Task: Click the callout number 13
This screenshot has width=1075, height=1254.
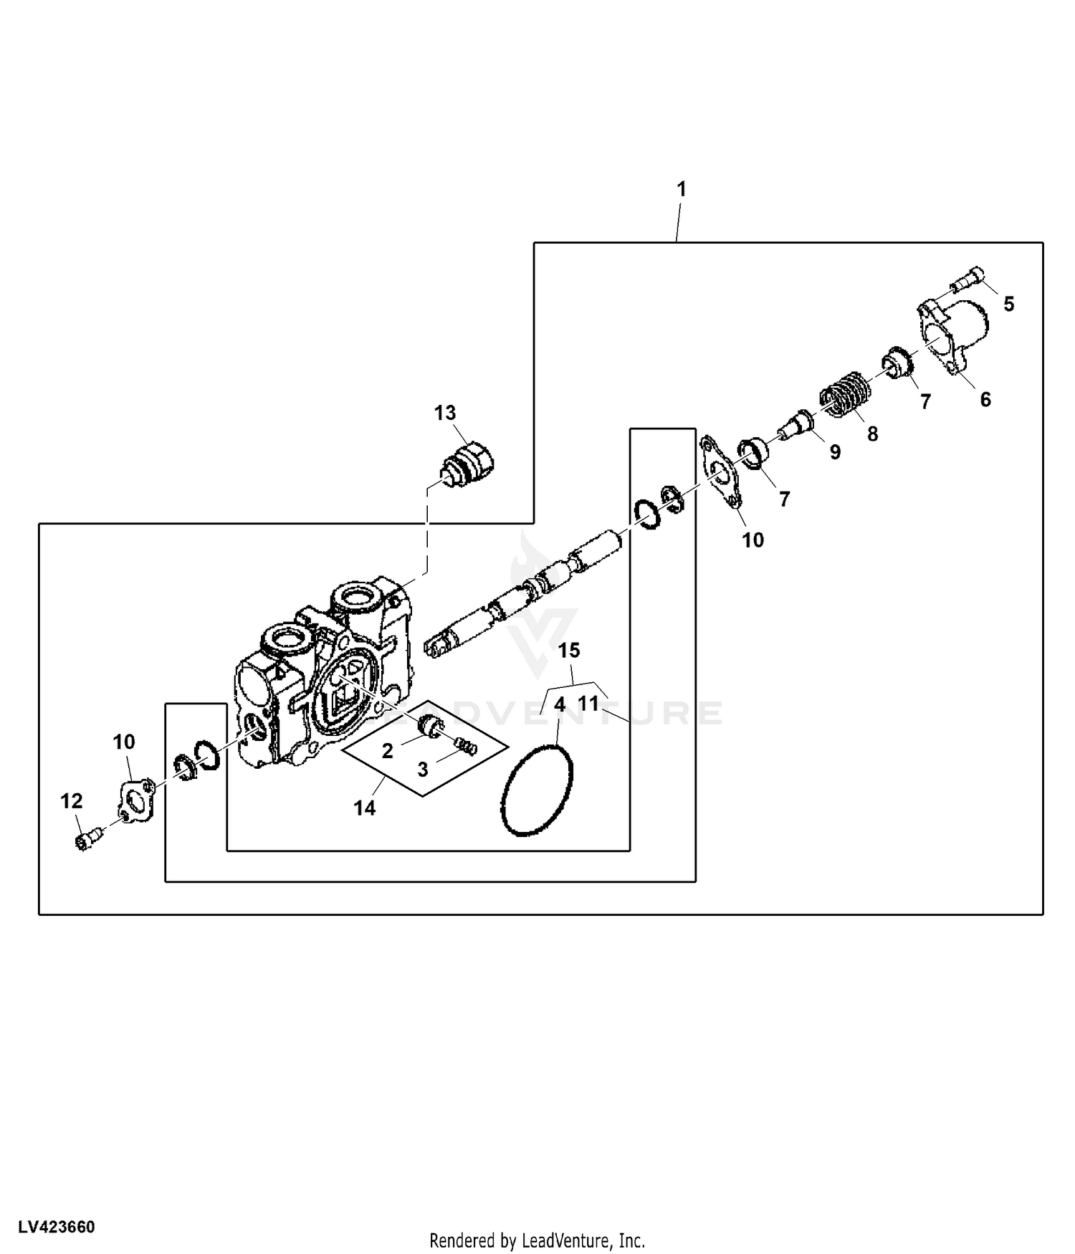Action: pos(444,413)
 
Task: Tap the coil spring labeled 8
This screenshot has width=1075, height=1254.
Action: pos(845,393)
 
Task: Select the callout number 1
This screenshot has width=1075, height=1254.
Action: pos(682,189)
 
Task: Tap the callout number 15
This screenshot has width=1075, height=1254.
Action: pos(569,651)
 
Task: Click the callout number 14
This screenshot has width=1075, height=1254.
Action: pos(364,808)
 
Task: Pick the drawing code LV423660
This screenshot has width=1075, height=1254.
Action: pos(57,1227)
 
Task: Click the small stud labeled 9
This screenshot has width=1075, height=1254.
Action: pos(795,427)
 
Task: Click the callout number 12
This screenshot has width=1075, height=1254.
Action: pos(71,801)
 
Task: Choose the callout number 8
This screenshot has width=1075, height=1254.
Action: pos(872,434)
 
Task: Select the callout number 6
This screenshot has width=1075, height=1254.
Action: pos(985,399)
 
